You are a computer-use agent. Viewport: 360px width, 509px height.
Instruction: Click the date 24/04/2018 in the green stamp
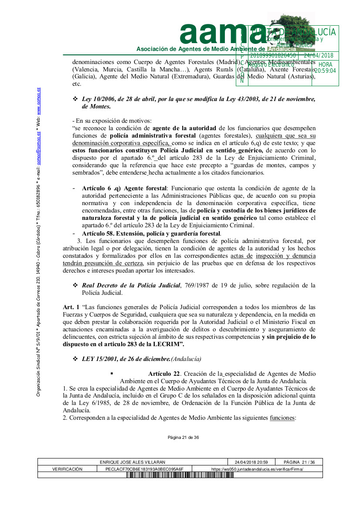coord(318,56)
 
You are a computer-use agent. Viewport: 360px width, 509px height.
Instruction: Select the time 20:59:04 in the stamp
coord(325,70)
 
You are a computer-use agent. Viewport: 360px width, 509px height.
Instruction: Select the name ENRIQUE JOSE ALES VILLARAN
coord(132,462)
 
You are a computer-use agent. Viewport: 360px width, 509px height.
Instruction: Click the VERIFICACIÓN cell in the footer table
coord(68,469)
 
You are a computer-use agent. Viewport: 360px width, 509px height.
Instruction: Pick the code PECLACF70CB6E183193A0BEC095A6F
coord(144,469)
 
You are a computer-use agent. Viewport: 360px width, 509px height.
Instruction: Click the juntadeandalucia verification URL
coord(257,469)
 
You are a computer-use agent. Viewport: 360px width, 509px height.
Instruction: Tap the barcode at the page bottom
coord(180,475)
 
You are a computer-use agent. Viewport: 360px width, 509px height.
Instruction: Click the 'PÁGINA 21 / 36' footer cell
coord(299,462)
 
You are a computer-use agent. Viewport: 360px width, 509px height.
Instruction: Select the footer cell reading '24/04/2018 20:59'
coord(251,462)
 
